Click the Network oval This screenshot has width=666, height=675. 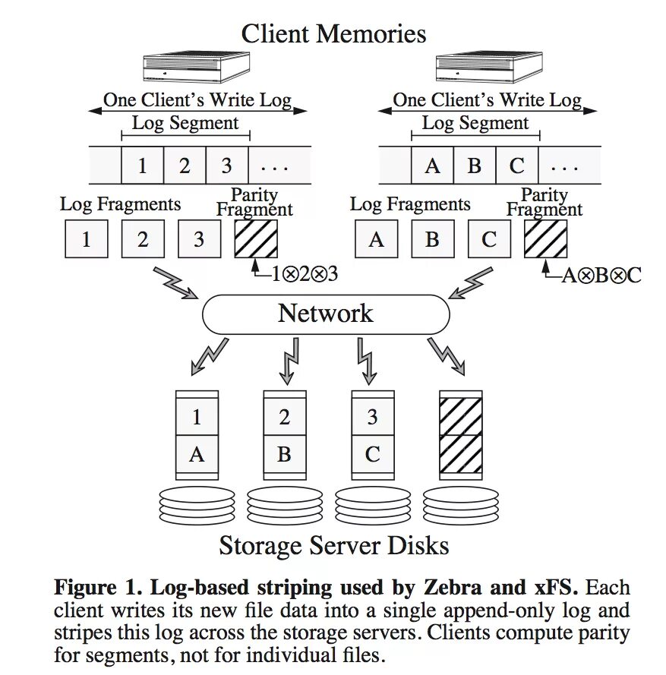326,314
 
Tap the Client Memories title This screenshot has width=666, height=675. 333,34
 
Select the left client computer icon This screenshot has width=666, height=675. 197,67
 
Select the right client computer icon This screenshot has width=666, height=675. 489,67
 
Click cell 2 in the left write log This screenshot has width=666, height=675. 185,166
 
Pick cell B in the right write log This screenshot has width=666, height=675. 475,166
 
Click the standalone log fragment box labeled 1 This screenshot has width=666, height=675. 86,239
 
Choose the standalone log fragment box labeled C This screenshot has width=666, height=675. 489,239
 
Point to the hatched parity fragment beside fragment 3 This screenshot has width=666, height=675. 256,239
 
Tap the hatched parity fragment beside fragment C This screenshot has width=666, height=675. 545,239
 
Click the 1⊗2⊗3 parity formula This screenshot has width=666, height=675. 304,275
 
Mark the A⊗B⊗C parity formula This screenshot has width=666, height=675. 601,275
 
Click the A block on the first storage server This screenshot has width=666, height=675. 197,454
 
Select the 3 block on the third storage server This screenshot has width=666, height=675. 372,417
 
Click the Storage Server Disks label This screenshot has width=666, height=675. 333,545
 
